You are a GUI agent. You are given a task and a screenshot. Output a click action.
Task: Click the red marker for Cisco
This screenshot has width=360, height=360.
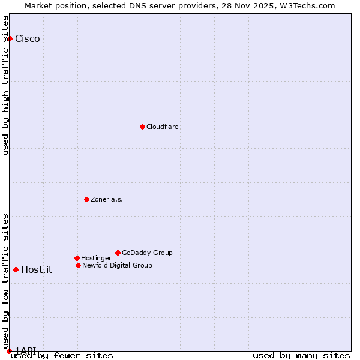[10, 39]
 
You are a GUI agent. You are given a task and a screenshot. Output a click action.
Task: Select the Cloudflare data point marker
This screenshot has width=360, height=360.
[142, 127]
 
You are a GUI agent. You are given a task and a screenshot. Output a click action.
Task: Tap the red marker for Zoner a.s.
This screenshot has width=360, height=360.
[86, 199]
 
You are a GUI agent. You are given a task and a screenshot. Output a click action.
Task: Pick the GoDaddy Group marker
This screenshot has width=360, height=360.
[118, 253]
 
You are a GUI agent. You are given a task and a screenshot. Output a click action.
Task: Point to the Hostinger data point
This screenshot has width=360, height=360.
[77, 258]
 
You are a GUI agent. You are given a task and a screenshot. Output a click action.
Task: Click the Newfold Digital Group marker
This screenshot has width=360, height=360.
[78, 265]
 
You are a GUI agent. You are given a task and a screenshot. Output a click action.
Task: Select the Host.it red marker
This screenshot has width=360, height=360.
[16, 269]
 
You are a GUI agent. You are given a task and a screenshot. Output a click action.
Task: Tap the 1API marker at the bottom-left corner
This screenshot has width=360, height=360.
[9, 351]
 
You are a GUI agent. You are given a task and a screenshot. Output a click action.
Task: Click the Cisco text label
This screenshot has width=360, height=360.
[28, 39]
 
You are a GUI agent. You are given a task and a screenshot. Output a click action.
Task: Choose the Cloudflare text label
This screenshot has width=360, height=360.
[163, 127]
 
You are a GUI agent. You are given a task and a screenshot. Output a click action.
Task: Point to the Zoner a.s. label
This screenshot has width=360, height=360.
[107, 199]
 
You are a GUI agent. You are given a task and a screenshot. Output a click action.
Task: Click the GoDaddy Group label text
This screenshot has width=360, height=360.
[147, 253]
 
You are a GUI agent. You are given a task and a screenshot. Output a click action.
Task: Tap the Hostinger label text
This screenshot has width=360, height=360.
[97, 258]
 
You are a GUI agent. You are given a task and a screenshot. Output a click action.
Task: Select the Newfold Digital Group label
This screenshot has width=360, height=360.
[117, 265]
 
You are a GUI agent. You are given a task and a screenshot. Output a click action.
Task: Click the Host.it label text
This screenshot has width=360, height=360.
[37, 269]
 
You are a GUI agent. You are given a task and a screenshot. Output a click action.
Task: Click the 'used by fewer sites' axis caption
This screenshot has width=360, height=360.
[62, 355]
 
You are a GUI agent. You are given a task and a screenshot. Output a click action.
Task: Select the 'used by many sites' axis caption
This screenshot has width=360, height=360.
[301, 355]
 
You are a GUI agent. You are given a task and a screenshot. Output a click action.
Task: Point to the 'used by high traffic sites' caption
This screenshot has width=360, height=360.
[5, 85]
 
